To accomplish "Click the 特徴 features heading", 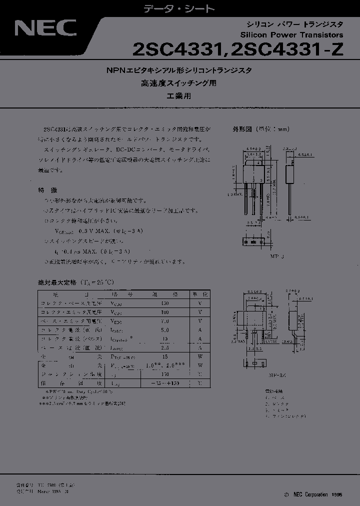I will pyautogui.click(x=48, y=190).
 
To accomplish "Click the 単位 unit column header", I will pyautogui.click(x=200, y=294).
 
